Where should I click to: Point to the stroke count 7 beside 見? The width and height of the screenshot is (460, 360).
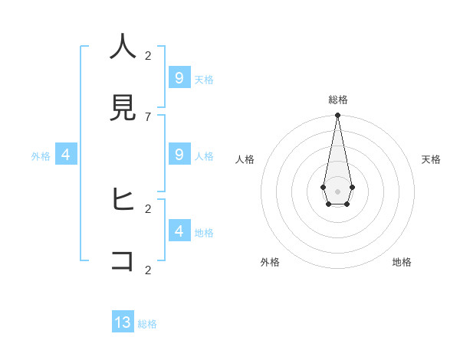click(x=148, y=116)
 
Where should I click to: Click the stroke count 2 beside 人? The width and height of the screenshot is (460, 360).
click(x=148, y=55)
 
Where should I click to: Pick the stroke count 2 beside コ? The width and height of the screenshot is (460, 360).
click(x=148, y=270)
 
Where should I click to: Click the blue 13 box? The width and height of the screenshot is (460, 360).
click(x=123, y=322)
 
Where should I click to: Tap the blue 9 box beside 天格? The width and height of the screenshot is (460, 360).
click(x=179, y=77)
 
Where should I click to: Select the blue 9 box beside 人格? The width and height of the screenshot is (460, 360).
click(x=179, y=154)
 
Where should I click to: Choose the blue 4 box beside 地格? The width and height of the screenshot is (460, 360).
click(x=179, y=231)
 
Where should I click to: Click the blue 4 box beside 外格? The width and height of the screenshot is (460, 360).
click(x=66, y=154)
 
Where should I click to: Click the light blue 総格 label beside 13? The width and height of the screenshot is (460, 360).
click(x=147, y=324)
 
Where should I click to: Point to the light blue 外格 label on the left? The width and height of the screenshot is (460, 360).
click(x=41, y=156)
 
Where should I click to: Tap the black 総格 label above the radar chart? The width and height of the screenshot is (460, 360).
click(x=338, y=100)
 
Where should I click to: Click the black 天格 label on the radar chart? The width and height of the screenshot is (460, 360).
click(x=431, y=159)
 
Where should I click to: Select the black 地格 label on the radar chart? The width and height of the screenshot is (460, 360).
click(x=402, y=262)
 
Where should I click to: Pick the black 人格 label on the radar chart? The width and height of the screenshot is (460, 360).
click(x=245, y=159)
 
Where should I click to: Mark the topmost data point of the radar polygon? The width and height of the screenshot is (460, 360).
click(x=337, y=116)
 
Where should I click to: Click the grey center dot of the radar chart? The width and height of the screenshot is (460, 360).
click(x=337, y=191)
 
